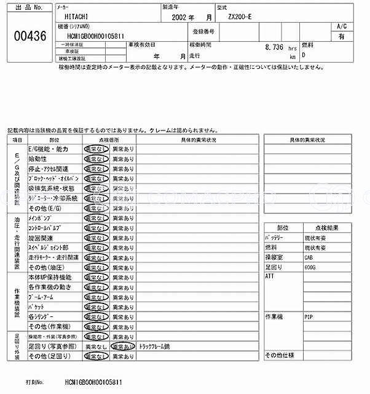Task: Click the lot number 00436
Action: tap(30, 36)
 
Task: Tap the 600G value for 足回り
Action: tap(310, 268)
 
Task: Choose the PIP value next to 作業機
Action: tap(309, 316)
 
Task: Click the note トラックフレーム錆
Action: tap(155, 346)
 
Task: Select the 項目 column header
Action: tap(15, 140)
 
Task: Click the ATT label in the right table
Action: tap(270, 277)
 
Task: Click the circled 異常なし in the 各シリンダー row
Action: tap(96, 316)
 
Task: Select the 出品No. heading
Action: tap(30, 8)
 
